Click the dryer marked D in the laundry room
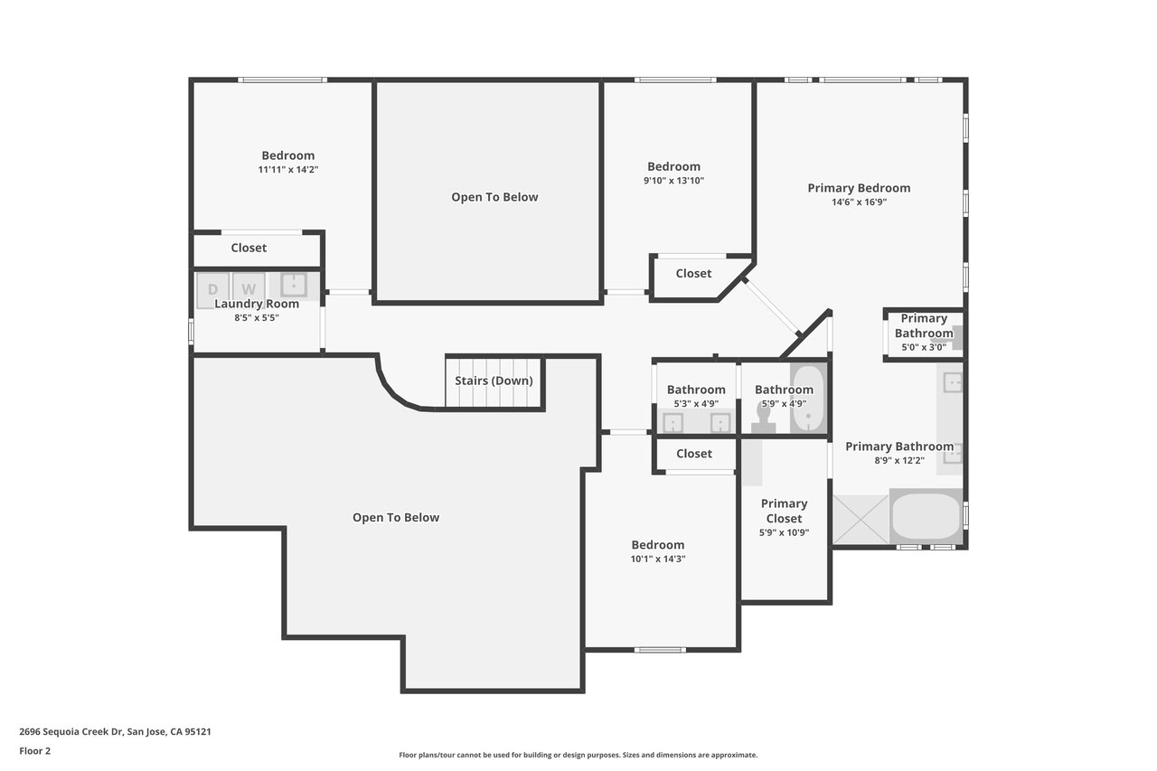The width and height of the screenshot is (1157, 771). click(x=212, y=290)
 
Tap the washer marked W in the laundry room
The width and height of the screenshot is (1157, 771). click(x=249, y=288)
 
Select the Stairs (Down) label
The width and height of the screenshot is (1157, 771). click(x=494, y=381)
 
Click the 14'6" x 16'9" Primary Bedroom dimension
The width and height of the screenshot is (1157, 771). click(x=859, y=202)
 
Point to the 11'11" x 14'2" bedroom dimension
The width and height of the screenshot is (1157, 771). click(x=288, y=169)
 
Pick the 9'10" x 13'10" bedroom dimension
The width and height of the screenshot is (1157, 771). click(x=673, y=180)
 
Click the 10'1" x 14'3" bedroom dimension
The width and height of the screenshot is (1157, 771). click(x=658, y=559)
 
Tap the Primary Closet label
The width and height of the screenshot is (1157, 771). click(x=784, y=511)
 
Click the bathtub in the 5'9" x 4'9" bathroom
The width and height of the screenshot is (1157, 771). click(x=808, y=398)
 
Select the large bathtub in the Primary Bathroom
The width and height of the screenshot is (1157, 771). click(x=926, y=516)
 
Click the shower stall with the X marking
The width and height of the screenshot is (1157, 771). click(x=861, y=520)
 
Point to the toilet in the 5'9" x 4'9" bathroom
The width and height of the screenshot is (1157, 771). click(x=764, y=418)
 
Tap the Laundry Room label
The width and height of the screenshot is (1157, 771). click(x=257, y=304)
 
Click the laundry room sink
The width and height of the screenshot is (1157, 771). click(x=294, y=285)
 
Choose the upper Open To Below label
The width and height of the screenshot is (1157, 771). click(x=494, y=197)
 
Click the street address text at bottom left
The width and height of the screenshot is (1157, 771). click(x=115, y=731)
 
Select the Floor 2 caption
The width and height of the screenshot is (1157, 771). click(x=35, y=751)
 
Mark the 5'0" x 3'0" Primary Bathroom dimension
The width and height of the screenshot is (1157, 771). click(x=924, y=347)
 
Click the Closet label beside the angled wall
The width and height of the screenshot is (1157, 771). click(x=693, y=273)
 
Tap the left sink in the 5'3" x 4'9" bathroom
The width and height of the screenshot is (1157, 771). click(x=673, y=423)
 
